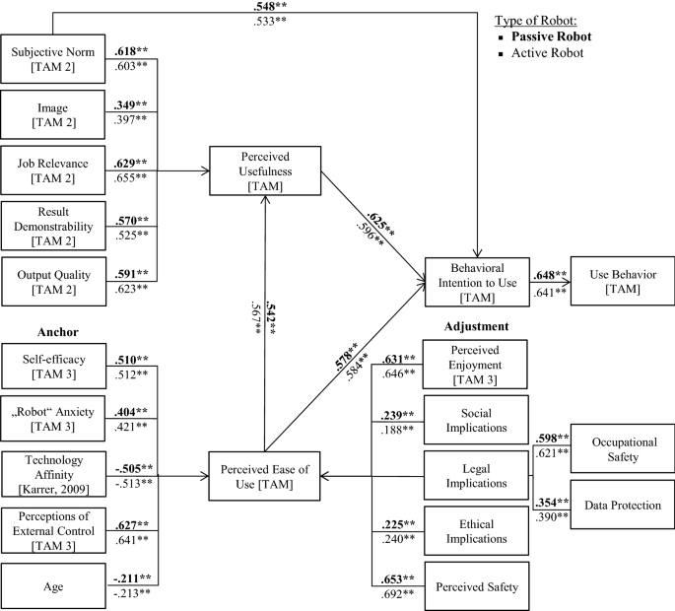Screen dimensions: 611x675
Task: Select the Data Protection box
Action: coord(621,505)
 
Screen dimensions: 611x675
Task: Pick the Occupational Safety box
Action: coord(621,451)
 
